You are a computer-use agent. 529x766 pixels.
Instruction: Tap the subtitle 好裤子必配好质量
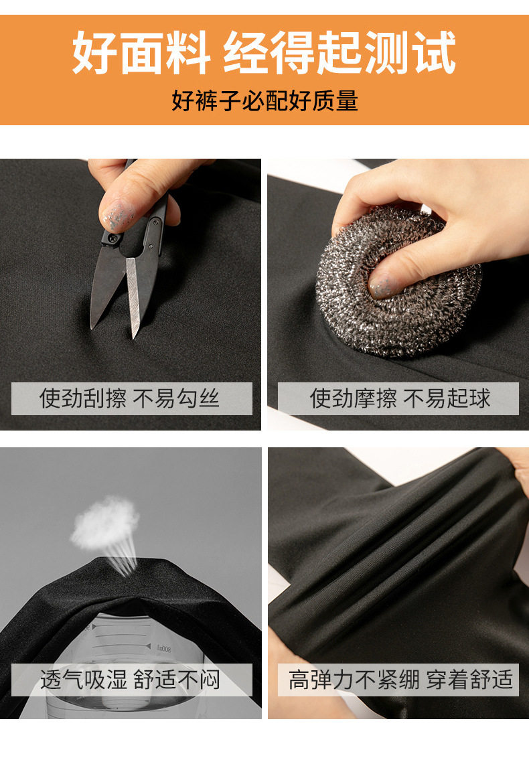pos(264,100)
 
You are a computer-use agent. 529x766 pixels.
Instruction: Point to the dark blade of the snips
pos(105,287)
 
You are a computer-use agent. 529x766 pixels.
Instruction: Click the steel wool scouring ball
pos(398,281)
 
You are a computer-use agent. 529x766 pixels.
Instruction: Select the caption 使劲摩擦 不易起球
pos(400,398)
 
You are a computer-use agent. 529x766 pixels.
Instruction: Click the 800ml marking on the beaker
pos(163,649)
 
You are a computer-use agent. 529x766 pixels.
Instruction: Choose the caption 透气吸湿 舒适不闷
pos(130,680)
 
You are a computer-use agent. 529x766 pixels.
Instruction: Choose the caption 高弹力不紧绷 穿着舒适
pos(400,680)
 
